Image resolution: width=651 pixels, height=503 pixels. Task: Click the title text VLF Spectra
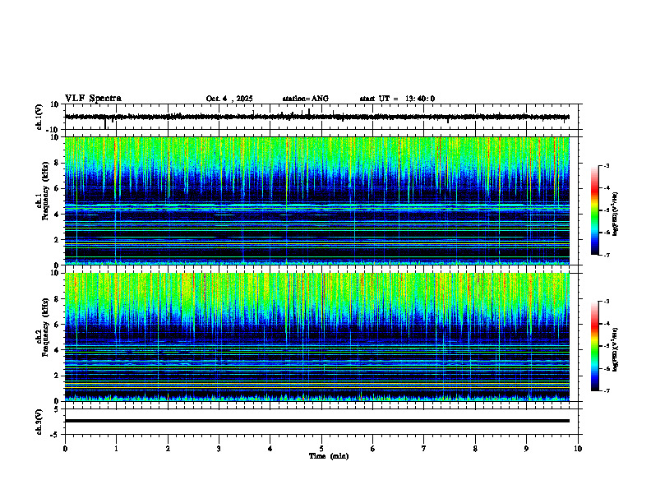click(93, 99)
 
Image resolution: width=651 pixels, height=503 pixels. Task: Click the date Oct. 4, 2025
click(229, 99)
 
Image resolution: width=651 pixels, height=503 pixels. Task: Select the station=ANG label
click(305, 99)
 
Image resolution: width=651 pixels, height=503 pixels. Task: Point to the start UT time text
click(397, 99)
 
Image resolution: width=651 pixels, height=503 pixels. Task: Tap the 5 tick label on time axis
click(321, 448)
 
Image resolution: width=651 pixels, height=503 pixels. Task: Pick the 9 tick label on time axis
click(527, 448)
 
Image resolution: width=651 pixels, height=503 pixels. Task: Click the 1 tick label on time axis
click(116, 448)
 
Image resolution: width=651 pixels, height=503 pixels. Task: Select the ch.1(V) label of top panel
click(39, 117)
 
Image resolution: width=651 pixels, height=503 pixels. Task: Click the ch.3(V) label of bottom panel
click(39, 420)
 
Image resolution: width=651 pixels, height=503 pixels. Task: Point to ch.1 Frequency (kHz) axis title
click(41, 201)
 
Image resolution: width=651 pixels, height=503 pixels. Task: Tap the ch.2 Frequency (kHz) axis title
click(41, 337)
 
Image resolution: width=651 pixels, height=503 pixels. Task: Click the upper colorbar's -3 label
click(607, 166)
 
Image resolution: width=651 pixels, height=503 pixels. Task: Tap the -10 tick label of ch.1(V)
click(51, 130)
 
